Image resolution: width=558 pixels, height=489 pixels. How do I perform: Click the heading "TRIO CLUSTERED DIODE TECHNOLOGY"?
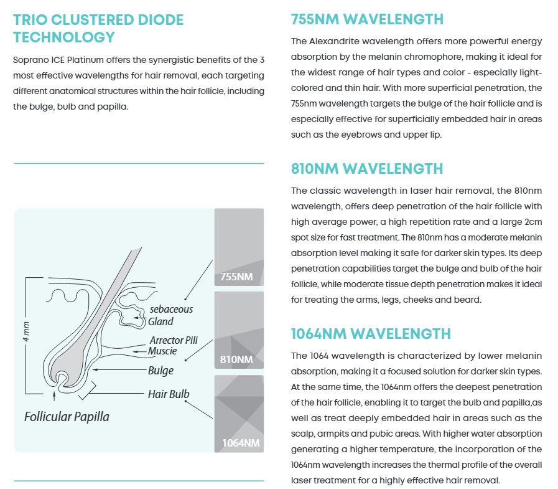tap(98, 28)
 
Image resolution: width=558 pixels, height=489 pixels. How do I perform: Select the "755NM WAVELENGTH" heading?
tap(367, 19)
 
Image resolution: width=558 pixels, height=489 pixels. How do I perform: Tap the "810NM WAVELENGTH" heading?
tap(367, 169)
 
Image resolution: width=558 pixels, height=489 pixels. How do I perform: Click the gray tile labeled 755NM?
tap(239, 247)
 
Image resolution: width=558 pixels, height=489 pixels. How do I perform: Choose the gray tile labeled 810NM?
tap(239, 331)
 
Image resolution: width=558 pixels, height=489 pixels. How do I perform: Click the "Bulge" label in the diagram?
tap(160, 371)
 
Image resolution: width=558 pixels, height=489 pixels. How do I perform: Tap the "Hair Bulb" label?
tap(168, 394)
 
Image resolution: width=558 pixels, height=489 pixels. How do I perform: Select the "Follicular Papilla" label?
tap(67, 416)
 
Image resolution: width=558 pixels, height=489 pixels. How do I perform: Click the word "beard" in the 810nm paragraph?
tap(470, 300)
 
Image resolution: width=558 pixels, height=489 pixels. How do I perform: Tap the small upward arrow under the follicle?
tap(55, 396)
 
